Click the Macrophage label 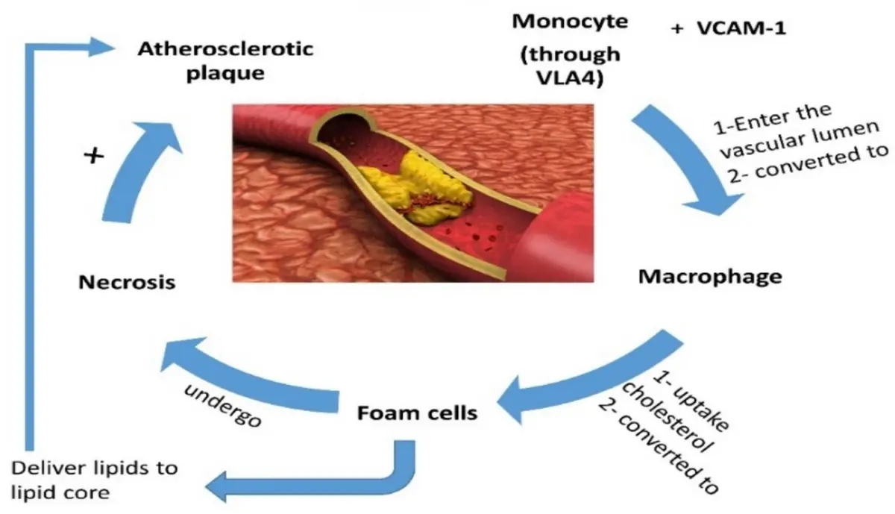point(710,277)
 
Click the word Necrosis point(126,282)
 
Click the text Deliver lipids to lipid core point(95,479)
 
